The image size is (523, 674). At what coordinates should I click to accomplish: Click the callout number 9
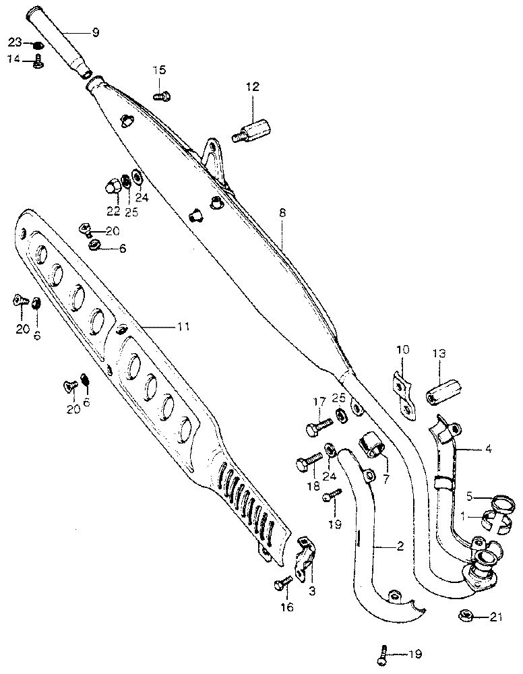click(x=94, y=32)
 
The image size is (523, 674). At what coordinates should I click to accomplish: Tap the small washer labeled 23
click(x=38, y=45)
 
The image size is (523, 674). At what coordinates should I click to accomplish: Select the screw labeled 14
click(x=38, y=63)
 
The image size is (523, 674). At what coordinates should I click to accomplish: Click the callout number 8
click(x=282, y=213)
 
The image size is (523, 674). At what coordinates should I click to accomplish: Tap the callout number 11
click(x=183, y=326)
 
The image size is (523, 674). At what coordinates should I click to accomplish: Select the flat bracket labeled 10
click(x=402, y=393)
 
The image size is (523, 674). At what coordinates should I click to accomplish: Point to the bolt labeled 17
click(x=319, y=427)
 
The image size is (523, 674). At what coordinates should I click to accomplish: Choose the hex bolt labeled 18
click(x=311, y=464)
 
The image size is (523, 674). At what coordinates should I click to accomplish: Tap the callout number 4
click(x=487, y=448)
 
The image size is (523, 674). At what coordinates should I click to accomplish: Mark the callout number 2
click(x=400, y=547)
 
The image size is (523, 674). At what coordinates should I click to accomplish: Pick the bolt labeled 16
click(x=282, y=583)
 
